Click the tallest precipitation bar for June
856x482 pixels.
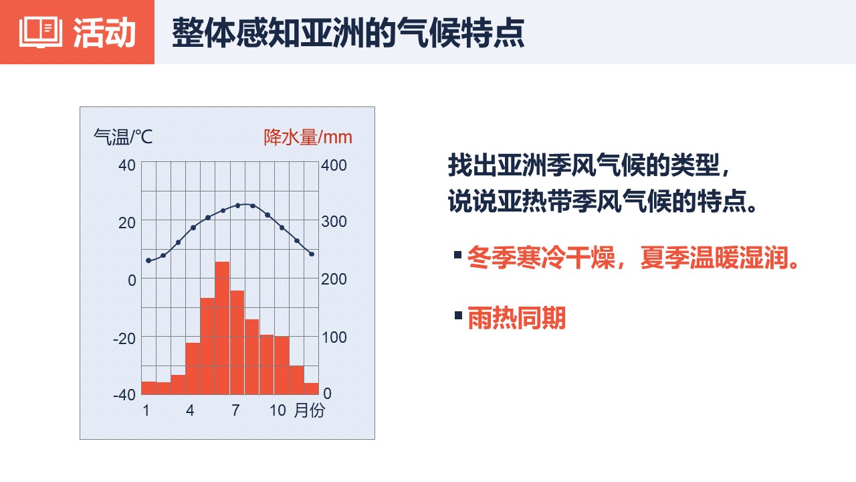tap(222, 328)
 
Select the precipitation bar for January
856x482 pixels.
tap(148, 388)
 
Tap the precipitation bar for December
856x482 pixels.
tap(312, 389)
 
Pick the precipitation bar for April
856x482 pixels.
tap(193, 369)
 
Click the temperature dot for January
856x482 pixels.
tap(148, 260)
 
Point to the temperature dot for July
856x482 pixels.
tap(237, 206)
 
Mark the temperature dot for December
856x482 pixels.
tap(312, 254)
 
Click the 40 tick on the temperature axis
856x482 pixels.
tap(127, 165)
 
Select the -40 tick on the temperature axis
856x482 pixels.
tap(124, 395)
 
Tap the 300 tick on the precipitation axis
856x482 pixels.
tap(334, 222)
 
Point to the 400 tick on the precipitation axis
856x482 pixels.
tap(334, 165)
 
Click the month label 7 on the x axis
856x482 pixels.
tap(235, 410)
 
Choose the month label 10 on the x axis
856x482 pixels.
tap(278, 410)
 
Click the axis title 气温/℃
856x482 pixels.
tap(123, 137)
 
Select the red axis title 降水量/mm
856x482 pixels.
tap(308, 137)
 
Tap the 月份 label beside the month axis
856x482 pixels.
tap(310, 410)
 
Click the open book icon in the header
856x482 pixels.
tap(41, 32)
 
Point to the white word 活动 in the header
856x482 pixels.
tap(104, 33)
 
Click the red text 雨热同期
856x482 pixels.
tap(516, 318)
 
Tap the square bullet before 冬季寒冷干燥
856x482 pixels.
tap(458, 255)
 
